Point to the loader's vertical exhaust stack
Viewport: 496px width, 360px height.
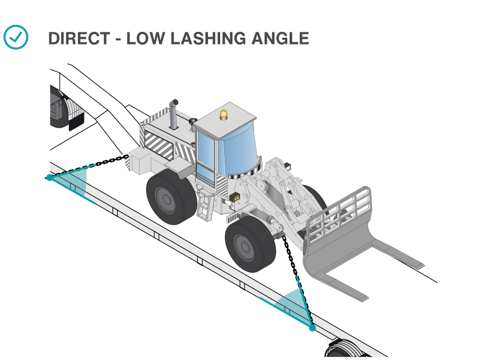click(173, 114)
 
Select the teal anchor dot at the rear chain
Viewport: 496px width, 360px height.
click(49, 178)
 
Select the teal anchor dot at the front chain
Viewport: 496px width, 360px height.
click(312, 328)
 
